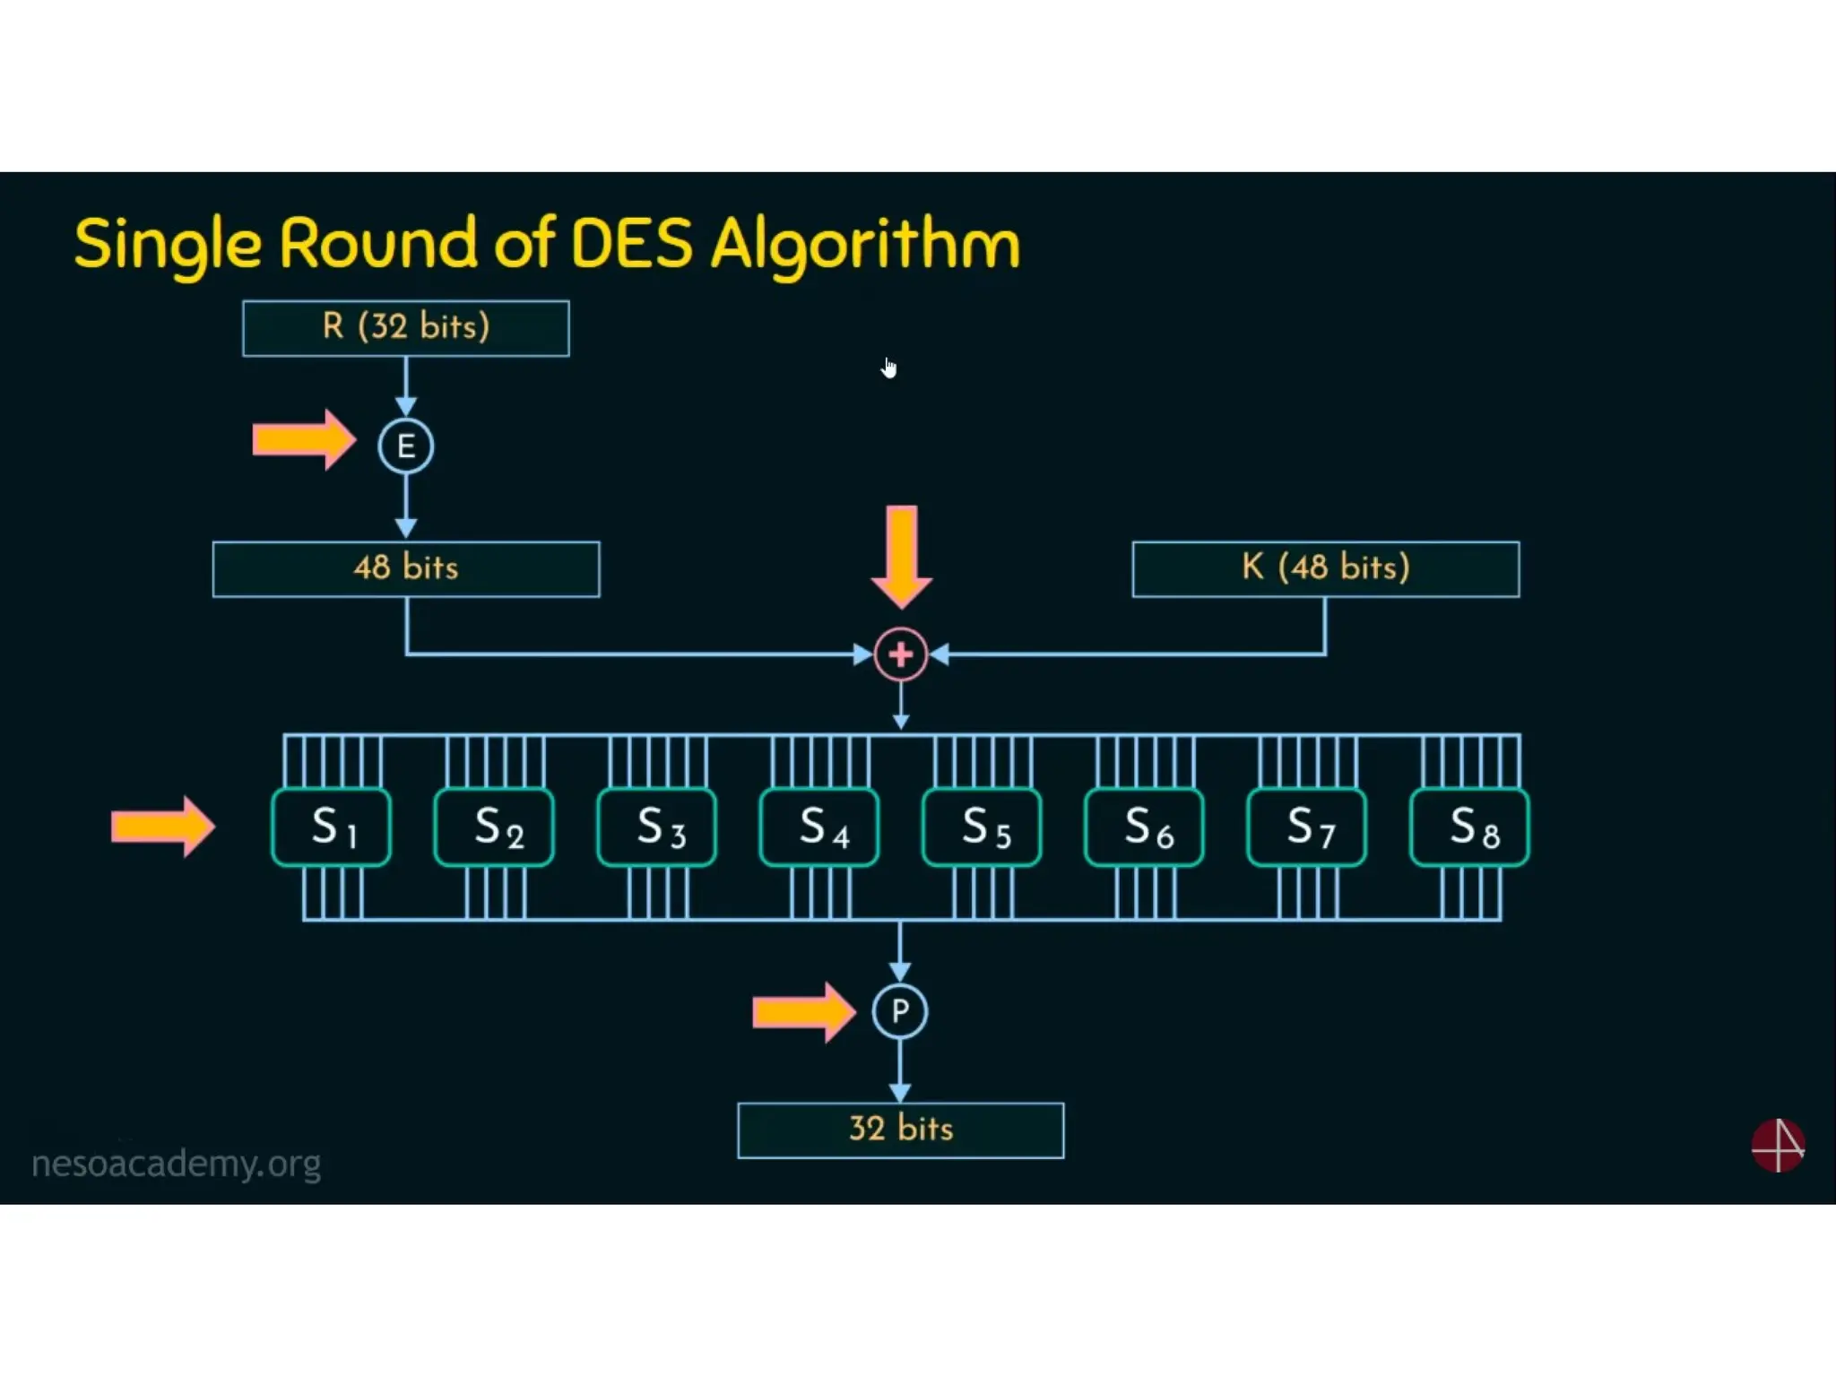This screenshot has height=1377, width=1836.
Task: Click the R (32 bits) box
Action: (x=405, y=328)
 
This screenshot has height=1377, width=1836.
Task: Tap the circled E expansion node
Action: (x=405, y=446)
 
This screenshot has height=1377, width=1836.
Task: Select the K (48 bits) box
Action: (x=1325, y=568)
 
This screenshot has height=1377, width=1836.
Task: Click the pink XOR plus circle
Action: (x=900, y=654)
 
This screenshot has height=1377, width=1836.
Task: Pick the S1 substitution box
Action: (x=332, y=827)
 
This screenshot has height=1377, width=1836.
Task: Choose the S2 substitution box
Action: (x=494, y=827)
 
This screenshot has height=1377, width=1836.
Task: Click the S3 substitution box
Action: (x=657, y=827)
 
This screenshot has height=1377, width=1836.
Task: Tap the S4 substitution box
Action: (x=819, y=827)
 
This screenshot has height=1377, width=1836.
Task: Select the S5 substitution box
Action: (x=982, y=827)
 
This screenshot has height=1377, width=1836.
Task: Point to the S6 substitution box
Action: (x=1145, y=827)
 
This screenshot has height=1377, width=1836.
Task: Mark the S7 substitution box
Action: (x=1307, y=827)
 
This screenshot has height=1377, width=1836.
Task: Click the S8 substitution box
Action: (x=1469, y=827)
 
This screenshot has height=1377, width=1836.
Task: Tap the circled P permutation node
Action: (x=899, y=1011)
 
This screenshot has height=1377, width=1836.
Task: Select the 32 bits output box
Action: (x=900, y=1130)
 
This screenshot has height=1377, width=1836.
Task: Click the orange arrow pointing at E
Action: (x=303, y=440)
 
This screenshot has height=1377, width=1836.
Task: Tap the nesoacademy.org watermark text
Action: (x=176, y=1164)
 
